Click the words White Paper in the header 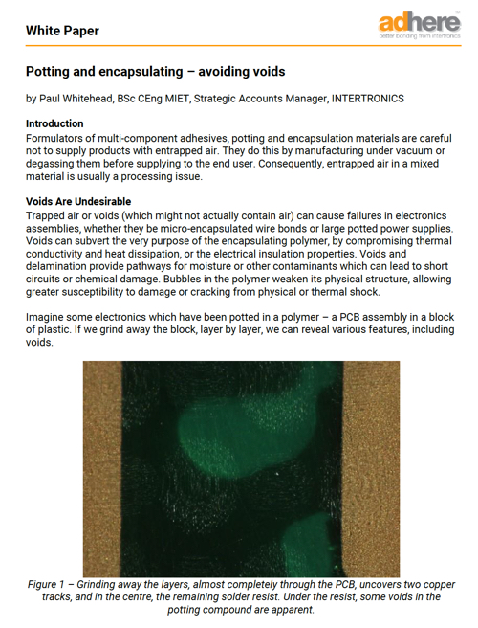(62, 31)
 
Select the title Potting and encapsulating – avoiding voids (155, 72)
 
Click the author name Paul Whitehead (78, 98)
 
